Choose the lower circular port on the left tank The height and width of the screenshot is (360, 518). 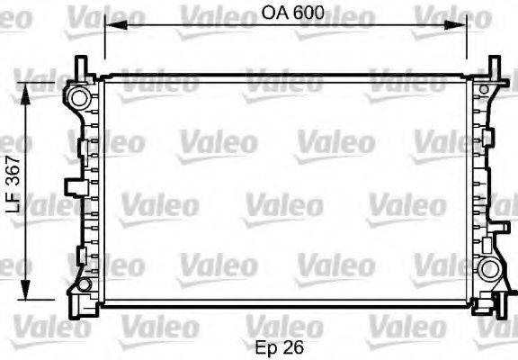point(83,285)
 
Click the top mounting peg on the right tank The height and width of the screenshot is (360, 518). point(494,66)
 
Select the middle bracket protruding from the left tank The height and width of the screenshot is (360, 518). point(70,186)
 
